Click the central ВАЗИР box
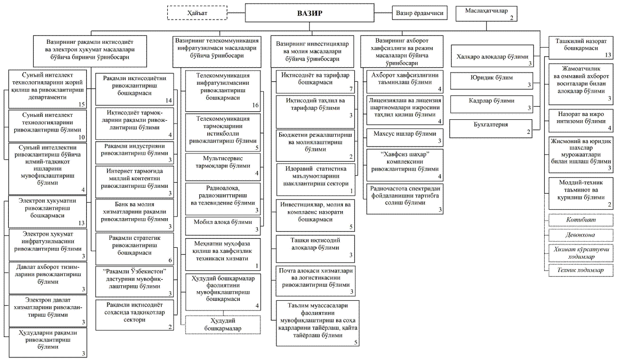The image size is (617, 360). coord(309,13)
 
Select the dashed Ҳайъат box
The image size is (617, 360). coord(197,13)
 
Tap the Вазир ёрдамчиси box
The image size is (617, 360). coord(420,13)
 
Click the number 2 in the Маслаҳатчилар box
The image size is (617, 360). coord(511,18)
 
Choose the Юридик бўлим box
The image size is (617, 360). coord(492,81)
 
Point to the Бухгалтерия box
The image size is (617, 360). coord(491,129)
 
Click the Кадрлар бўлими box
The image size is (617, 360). coord(492,104)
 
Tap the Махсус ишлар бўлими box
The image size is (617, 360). coord(405,137)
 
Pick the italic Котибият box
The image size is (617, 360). coord(581,220)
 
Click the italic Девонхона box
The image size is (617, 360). coord(581,235)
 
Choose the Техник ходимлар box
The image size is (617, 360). coord(581,270)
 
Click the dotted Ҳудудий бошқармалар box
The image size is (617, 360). coord(223,325)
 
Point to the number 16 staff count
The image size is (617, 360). coord(255,105)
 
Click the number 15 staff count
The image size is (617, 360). coord(82,104)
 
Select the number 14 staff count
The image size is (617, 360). coord(169,101)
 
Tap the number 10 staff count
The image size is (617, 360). coord(82,137)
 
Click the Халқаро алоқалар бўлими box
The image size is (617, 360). coord(492,56)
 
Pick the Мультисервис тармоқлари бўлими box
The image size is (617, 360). coord(223,167)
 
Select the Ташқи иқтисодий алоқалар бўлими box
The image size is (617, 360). coord(315,249)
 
